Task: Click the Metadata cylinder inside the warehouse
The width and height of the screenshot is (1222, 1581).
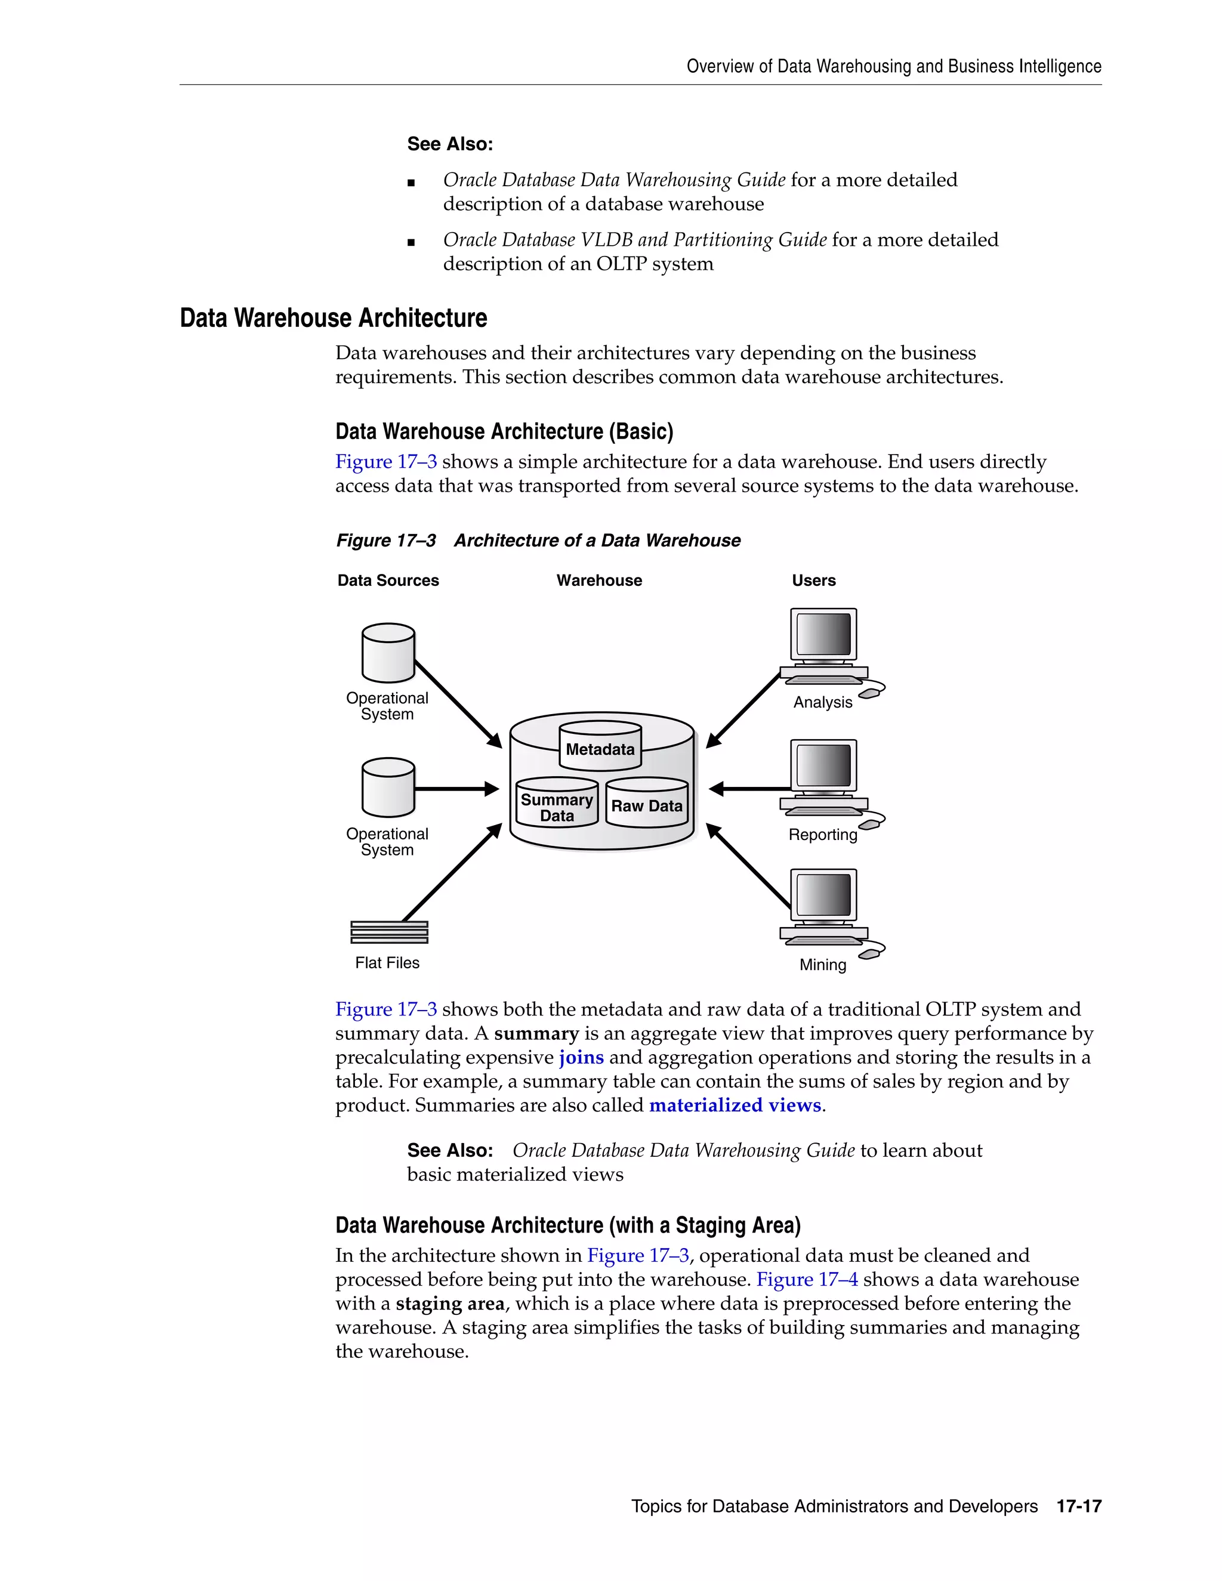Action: tap(600, 746)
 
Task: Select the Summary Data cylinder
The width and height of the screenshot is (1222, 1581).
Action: tap(557, 804)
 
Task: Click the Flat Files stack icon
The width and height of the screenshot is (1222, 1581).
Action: tap(389, 932)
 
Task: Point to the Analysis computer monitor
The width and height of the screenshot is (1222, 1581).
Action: tap(824, 634)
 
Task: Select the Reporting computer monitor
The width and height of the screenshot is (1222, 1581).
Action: tap(824, 766)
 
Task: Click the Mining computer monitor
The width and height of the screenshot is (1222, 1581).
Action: tap(824, 896)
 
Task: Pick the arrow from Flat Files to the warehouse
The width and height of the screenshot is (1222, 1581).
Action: tap(452, 872)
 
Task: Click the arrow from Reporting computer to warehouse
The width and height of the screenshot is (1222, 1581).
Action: tap(750, 788)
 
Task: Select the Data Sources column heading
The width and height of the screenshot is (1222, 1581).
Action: tap(388, 580)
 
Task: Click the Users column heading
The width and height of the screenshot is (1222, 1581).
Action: tap(813, 580)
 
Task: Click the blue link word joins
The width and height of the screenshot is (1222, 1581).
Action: tap(581, 1057)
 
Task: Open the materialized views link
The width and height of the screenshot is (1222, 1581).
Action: tap(735, 1105)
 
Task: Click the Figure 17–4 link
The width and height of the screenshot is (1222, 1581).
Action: tap(807, 1279)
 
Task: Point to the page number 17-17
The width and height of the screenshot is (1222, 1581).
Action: tap(1078, 1506)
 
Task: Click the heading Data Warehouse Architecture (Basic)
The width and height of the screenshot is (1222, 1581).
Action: tap(504, 431)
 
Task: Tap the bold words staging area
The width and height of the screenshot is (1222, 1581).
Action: tap(449, 1303)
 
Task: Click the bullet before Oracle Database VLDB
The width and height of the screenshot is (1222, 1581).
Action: tap(411, 242)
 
